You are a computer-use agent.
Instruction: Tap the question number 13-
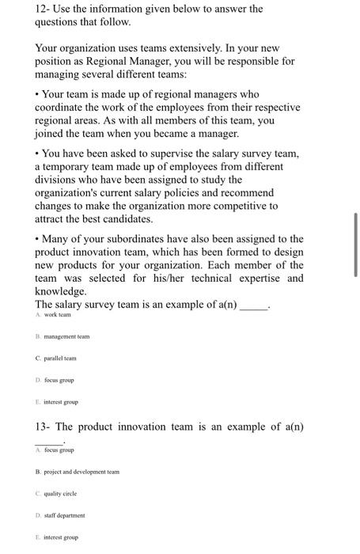pos(44,427)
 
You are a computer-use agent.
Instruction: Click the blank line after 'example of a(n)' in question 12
pos(253,304)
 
